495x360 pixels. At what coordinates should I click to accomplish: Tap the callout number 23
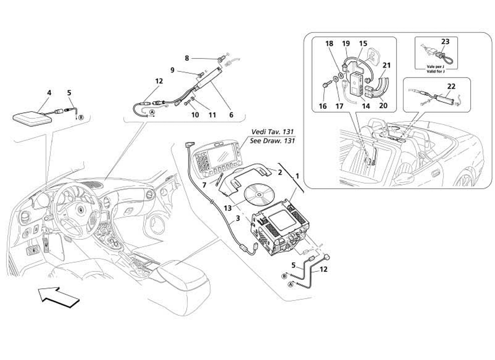(445, 42)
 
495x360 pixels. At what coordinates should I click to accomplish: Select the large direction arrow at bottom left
(59, 297)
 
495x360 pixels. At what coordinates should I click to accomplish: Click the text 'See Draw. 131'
(272, 140)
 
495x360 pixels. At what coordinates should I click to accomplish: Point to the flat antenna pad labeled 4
(32, 118)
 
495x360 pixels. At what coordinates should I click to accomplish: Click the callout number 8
(187, 58)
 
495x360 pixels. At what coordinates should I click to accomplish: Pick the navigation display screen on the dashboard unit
(220, 158)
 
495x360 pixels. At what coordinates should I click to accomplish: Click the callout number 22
(451, 86)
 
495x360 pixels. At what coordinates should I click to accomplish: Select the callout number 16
(323, 106)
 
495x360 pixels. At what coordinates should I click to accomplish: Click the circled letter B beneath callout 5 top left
(81, 117)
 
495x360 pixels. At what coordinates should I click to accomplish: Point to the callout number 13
(228, 208)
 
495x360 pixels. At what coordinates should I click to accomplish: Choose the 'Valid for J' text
(436, 72)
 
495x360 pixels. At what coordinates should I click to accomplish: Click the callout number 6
(231, 115)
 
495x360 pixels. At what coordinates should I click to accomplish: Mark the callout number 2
(280, 172)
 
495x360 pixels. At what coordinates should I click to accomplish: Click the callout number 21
(387, 65)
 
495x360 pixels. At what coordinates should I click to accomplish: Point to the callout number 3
(238, 218)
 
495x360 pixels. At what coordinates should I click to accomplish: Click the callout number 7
(204, 184)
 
